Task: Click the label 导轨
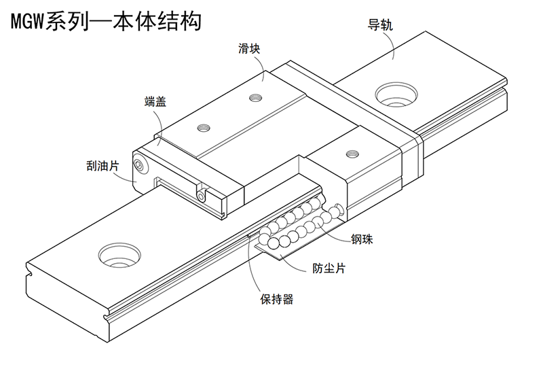coord(380,25)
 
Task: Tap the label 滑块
coord(249,48)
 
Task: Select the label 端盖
coord(155,101)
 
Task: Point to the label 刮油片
coord(102,166)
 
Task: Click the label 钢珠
coord(362,239)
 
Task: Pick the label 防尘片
coord(329,268)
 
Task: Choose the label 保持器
coord(277,299)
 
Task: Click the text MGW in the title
coord(27,22)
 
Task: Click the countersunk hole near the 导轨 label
coord(396,94)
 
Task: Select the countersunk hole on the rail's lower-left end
coord(119,256)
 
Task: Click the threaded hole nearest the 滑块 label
coord(255,97)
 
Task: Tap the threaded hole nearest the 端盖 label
coord(204,128)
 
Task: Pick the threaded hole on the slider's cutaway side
coord(352,152)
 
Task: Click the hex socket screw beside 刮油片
coord(141,164)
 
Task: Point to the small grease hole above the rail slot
coord(201,197)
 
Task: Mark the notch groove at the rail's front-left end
coord(30,275)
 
